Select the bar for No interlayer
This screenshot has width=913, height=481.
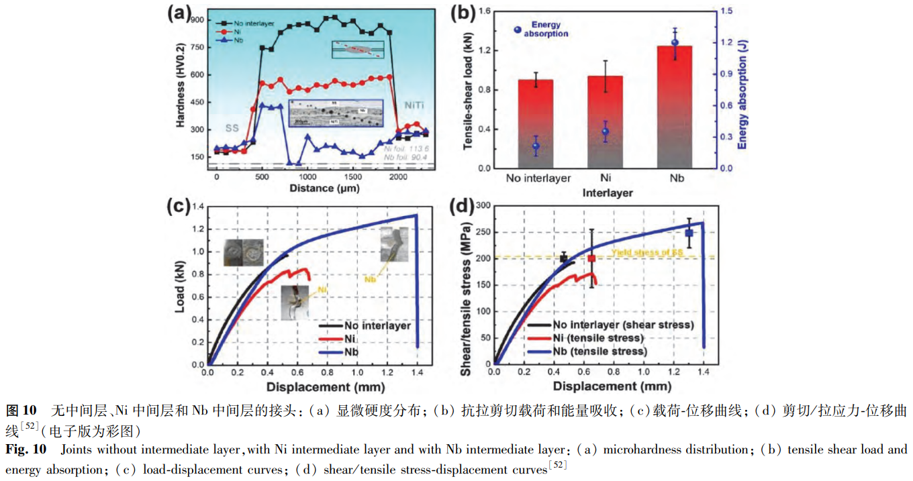coord(535,124)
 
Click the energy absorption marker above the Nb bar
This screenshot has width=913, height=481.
coord(675,43)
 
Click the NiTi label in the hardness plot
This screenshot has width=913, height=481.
coord(418,105)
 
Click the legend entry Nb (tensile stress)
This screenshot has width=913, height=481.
coord(599,351)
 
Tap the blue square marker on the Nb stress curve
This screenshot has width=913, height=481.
coord(689,233)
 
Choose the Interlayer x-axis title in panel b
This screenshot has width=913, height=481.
coord(607,193)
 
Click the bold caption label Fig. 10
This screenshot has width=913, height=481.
coord(26,448)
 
